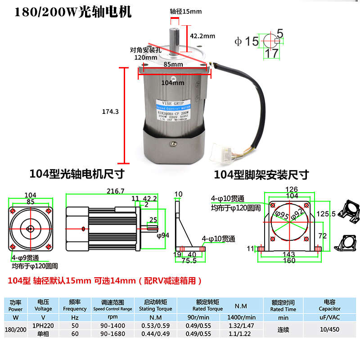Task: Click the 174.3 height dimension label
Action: (111, 112)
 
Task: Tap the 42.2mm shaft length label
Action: (202, 36)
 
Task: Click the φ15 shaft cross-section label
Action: (247, 41)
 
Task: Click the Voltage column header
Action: (44, 306)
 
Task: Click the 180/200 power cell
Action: (15, 329)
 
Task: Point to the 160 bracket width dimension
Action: (289, 261)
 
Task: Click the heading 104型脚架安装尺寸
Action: (261, 174)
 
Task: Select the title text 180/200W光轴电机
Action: (73, 12)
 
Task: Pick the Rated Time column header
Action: (283, 306)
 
